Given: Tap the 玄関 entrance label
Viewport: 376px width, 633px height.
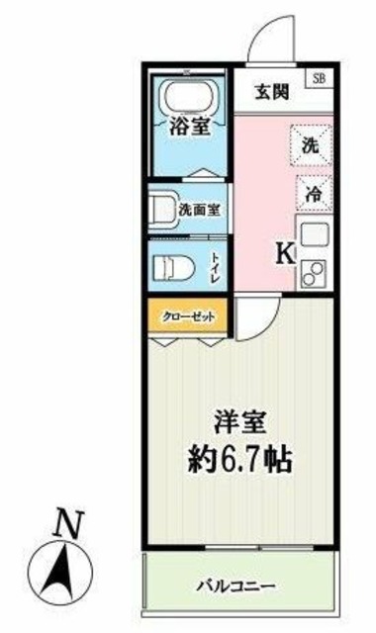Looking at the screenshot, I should (x=271, y=93).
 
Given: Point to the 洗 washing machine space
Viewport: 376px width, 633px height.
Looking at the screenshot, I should (x=310, y=144).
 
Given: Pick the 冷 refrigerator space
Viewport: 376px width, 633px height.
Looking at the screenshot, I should (x=312, y=194).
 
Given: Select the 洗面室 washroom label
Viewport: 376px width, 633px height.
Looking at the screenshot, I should (x=200, y=209).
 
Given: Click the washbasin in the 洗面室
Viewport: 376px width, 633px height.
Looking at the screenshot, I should (x=160, y=209).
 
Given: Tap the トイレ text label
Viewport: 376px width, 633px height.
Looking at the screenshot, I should (x=216, y=267).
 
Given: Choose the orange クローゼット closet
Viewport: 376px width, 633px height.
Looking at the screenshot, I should (x=189, y=316).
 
